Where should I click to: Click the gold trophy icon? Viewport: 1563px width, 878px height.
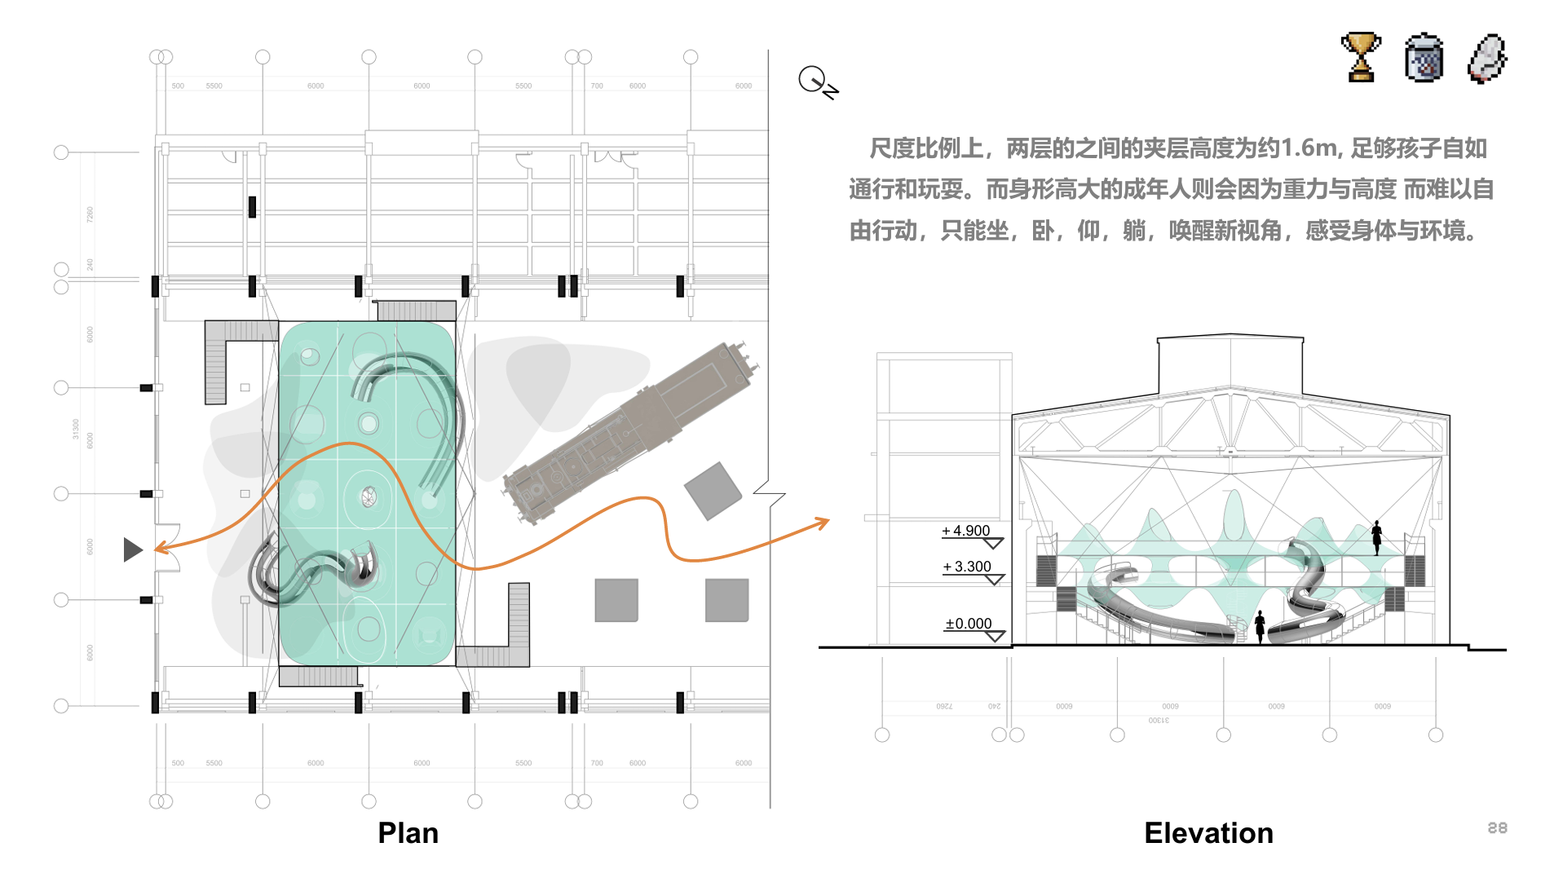coord(1360,57)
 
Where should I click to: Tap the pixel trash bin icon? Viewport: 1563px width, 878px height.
coord(1424,58)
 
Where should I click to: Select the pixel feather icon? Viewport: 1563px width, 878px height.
coord(1486,58)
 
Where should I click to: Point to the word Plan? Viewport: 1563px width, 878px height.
coord(408,833)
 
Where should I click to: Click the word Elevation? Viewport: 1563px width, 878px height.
coord(1208,833)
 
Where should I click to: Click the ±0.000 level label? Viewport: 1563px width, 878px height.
coord(968,624)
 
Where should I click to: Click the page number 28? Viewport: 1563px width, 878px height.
coord(1497,828)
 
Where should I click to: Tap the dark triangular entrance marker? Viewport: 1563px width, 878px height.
coord(132,549)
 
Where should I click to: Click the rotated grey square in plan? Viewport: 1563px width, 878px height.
coord(713,491)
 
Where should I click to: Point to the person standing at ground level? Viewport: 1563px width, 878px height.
coord(1260,626)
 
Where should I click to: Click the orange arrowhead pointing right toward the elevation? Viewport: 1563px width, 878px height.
coord(823,522)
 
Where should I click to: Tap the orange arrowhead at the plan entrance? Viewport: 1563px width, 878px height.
coord(161,548)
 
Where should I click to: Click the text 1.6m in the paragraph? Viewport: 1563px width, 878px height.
coord(1309,148)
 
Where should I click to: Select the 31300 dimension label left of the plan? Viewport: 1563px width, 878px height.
coord(76,429)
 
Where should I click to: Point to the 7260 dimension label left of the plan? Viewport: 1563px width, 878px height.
coord(90,214)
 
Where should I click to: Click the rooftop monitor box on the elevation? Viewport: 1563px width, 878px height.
coord(1230,363)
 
